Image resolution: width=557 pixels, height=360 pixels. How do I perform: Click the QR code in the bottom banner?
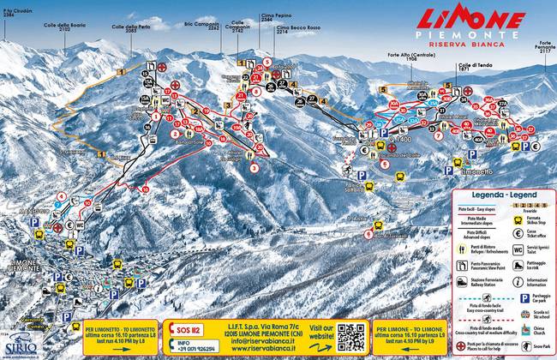(x=350, y=337)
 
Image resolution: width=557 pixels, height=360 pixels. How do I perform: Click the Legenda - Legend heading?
(x=502, y=195)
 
